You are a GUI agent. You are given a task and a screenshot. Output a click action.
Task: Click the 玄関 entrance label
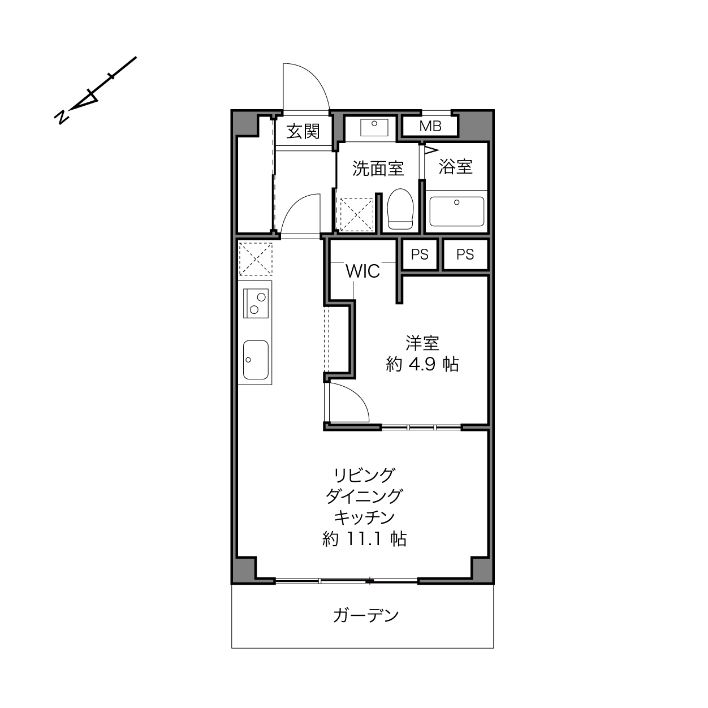(x=303, y=131)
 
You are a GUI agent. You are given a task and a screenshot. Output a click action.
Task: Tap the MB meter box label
(x=430, y=127)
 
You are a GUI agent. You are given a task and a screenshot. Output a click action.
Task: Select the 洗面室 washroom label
(x=378, y=169)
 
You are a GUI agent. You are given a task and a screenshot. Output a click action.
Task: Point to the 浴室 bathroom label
(x=456, y=167)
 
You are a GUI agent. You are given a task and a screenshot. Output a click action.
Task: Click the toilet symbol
(x=400, y=209)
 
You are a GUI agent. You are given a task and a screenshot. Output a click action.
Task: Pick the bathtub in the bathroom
(x=457, y=211)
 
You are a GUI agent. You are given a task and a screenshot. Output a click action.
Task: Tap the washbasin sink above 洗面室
(x=374, y=127)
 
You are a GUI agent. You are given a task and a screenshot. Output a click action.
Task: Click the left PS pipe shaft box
(x=420, y=254)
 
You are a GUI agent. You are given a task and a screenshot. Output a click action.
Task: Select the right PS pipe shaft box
(x=465, y=254)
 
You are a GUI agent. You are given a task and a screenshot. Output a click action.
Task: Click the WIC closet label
(x=362, y=271)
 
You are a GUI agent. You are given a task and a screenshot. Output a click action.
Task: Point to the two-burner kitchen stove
(x=256, y=303)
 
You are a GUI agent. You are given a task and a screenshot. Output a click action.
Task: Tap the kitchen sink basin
(x=256, y=360)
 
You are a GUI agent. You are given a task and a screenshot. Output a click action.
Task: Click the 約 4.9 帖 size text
(x=422, y=365)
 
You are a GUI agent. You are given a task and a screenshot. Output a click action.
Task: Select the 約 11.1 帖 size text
(x=364, y=539)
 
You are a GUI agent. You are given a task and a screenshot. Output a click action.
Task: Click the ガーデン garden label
(x=366, y=615)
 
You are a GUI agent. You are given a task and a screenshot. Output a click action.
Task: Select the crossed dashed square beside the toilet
(x=357, y=215)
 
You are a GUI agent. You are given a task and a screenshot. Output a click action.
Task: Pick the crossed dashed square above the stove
(x=256, y=259)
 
